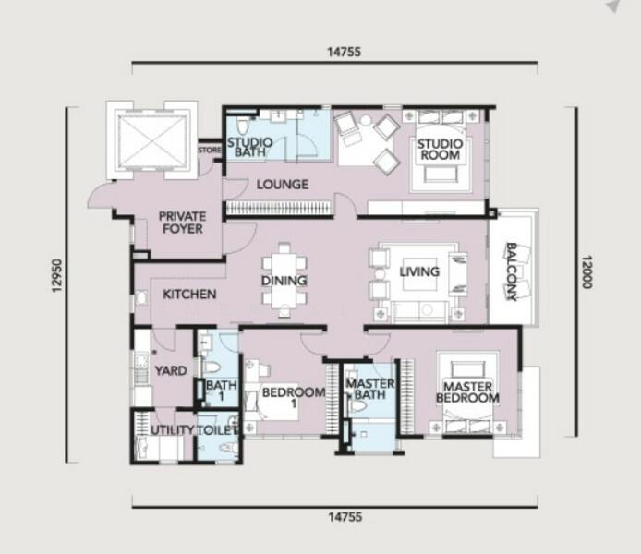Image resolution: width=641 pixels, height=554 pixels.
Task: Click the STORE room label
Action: (x=210, y=151)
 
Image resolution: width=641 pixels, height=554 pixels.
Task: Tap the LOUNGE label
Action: (x=283, y=185)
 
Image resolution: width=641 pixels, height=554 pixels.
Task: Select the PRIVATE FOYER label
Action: (x=182, y=223)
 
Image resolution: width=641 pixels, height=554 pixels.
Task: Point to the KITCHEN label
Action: (x=189, y=295)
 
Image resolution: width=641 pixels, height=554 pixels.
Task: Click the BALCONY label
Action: (x=512, y=271)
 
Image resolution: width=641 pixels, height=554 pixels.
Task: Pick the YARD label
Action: (x=171, y=371)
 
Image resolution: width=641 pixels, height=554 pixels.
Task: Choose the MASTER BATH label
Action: (x=370, y=389)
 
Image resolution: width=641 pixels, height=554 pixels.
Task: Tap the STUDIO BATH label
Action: (x=249, y=147)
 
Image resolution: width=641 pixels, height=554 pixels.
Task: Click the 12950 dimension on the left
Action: (x=57, y=275)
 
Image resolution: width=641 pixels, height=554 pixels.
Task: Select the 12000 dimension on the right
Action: (x=587, y=272)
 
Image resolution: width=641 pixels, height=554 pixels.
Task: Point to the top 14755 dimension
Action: (x=345, y=52)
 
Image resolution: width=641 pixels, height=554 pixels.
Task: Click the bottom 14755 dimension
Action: (x=345, y=517)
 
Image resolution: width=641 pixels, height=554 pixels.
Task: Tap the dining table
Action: (x=284, y=281)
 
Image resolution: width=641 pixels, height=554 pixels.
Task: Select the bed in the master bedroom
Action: (x=467, y=391)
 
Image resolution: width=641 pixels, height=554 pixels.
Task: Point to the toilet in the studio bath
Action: (x=242, y=126)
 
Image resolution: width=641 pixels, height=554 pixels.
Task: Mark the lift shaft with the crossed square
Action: (x=152, y=141)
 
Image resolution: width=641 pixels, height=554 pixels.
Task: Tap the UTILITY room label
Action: (x=173, y=429)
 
